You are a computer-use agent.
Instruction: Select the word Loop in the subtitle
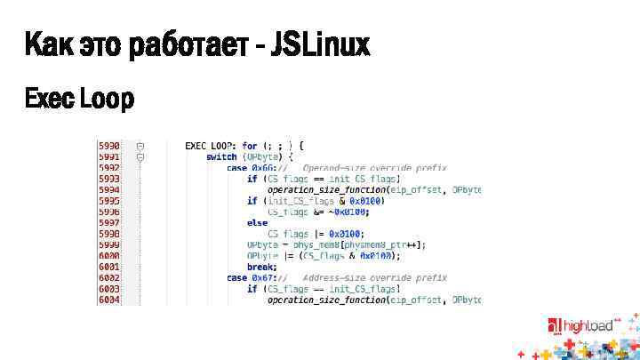pyautogui.click(x=107, y=100)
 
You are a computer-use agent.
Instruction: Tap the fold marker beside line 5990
pyautogui.click(x=140, y=145)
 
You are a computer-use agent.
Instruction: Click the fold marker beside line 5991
pyautogui.click(x=140, y=156)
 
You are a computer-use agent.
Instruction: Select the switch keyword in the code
pyautogui.click(x=221, y=156)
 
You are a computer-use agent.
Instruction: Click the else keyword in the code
pyautogui.click(x=257, y=222)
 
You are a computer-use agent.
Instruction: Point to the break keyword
pyautogui.click(x=261, y=267)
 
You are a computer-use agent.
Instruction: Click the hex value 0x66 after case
pyautogui.click(x=263, y=167)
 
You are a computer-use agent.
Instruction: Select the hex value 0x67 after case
pyautogui.click(x=263, y=277)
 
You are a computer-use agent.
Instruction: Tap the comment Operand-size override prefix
pyautogui.click(x=374, y=167)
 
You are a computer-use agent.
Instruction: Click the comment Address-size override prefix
pyautogui.click(x=374, y=277)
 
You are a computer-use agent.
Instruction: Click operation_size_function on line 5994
pyautogui.click(x=326, y=189)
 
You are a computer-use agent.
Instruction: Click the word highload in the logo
pyautogui.click(x=588, y=326)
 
